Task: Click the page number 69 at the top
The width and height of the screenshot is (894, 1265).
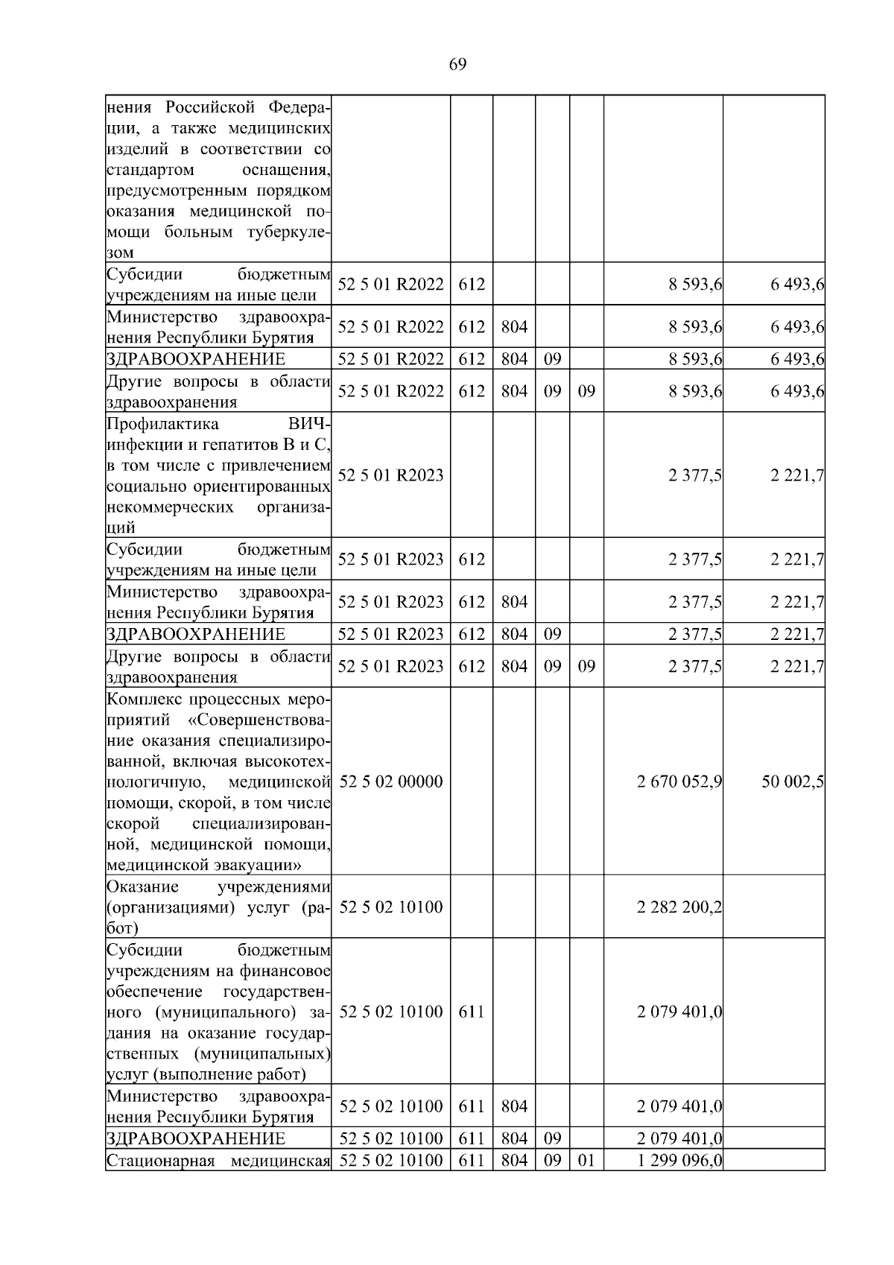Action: pos(457,65)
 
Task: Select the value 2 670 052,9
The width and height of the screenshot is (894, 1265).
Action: pos(679,781)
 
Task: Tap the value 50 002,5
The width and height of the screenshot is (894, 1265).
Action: pos(792,781)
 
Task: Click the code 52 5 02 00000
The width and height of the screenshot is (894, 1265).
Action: pos(390,781)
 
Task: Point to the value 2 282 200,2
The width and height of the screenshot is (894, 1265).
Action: pos(679,907)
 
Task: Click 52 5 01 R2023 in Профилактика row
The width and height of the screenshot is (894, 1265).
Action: pos(390,475)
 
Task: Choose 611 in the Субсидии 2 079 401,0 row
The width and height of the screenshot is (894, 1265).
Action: pos(471,1012)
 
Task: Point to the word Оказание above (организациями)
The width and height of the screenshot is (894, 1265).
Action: pos(142,887)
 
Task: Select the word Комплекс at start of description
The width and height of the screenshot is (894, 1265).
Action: pos(142,700)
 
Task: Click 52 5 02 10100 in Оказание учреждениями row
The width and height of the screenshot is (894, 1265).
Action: pos(390,907)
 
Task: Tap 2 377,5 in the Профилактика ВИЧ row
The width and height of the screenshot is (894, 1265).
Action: pos(695,475)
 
